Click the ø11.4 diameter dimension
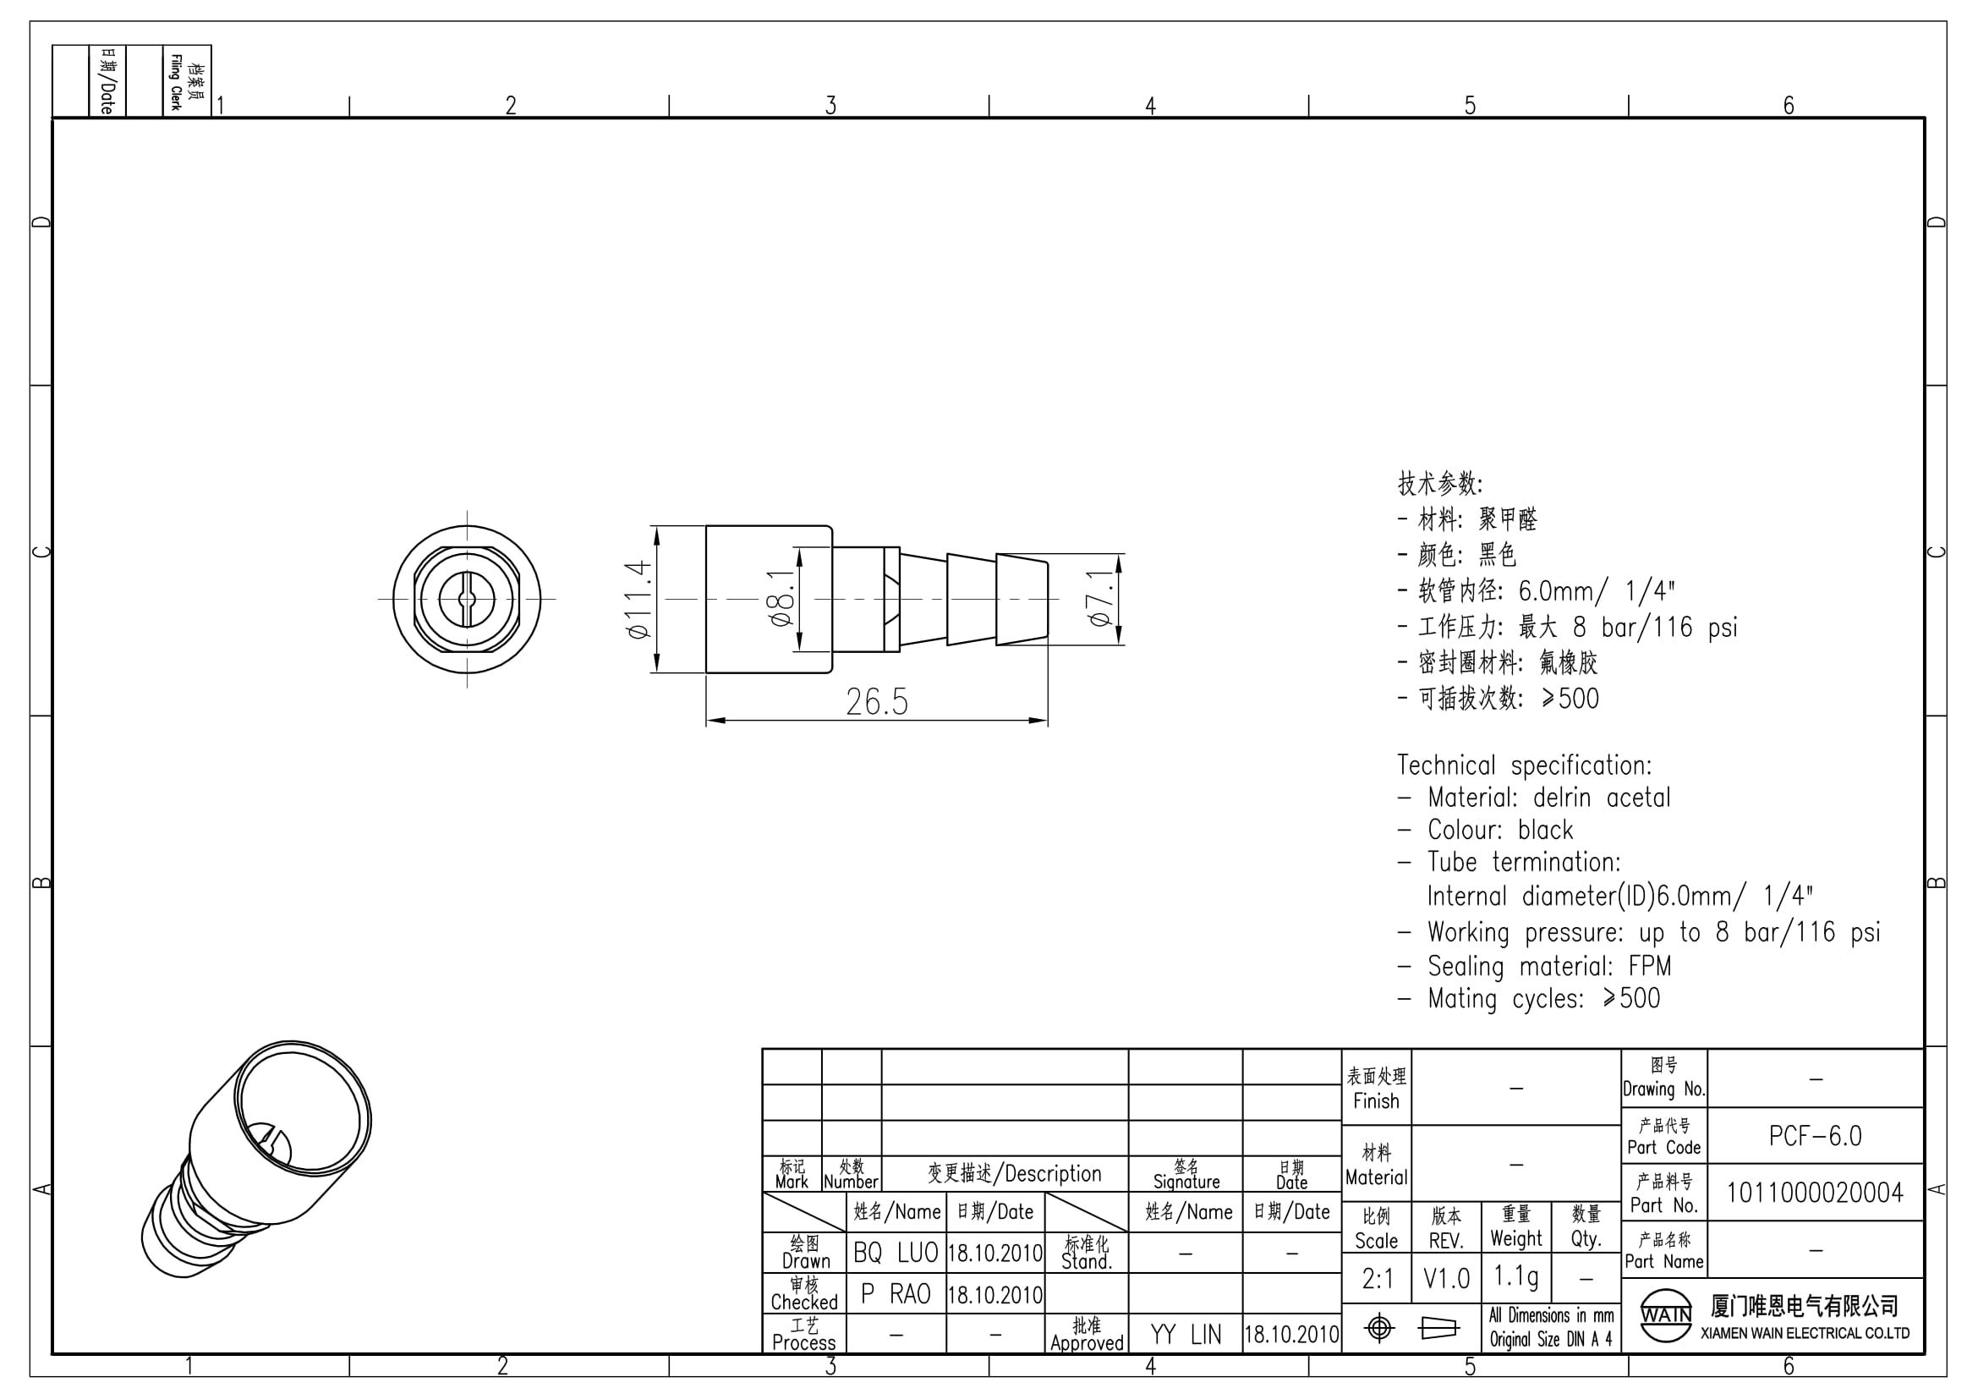[x=638, y=600]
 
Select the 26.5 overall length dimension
[x=877, y=702]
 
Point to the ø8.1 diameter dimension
[x=781, y=598]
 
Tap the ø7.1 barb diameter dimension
[x=1099, y=598]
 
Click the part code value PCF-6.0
[x=1815, y=1136]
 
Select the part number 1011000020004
[x=1815, y=1193]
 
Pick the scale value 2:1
[x=1378, y=1279]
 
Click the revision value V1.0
[x=1446, y=1279]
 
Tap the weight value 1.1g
[x=1516, y=1276]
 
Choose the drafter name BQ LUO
[x=896, y=1254]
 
